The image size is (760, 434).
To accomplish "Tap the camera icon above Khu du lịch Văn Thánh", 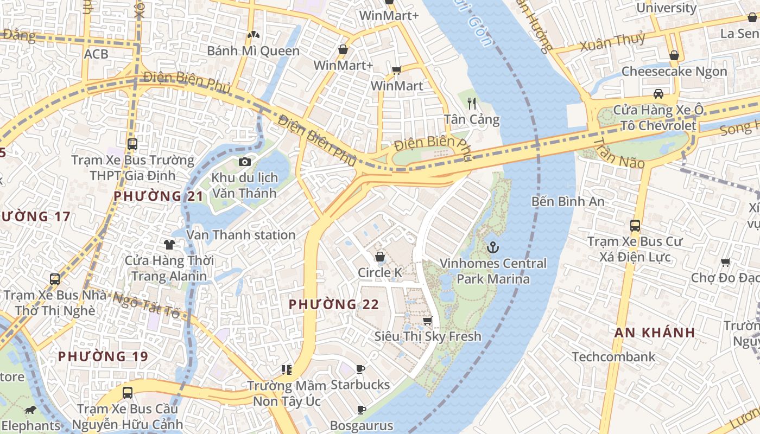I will [x=245, y=162].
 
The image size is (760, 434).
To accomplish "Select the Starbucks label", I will [x=360, y=385].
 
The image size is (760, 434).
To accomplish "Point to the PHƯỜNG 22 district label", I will [x=333, y=304].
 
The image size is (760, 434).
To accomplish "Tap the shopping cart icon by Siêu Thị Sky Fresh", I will [x=428, y=321].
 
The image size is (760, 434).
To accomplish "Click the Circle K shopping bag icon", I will [x=380, y=257].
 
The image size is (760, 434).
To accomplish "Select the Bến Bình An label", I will [x=567, y=201].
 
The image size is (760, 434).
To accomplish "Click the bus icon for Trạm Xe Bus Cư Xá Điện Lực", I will [x=635, y=225].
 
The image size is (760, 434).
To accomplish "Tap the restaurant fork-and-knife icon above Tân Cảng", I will [x=472, y=104].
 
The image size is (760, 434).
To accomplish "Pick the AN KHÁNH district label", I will [x=655, y=333].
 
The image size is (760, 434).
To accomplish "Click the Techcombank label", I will [x=613, y=356].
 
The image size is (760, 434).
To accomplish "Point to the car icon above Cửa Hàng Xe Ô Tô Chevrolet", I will [x=658, y=93].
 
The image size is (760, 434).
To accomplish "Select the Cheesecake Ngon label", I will [x=674, y=71].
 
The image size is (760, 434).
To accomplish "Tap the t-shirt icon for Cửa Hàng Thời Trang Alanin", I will [x=169, y=245].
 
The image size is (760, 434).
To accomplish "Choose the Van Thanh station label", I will [x=240, y=234].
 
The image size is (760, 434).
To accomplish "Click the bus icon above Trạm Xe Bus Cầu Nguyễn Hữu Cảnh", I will [x=128, y=392].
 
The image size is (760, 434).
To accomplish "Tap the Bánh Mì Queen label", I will [x=253, y=51].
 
